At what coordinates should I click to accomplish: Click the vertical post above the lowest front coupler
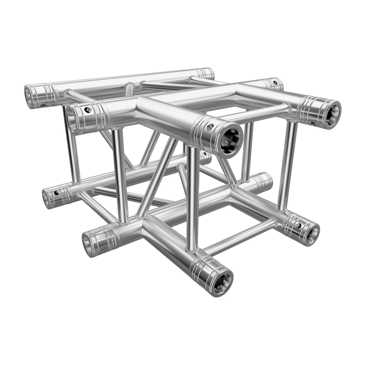pyautogui.click(x=192, y=198)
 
